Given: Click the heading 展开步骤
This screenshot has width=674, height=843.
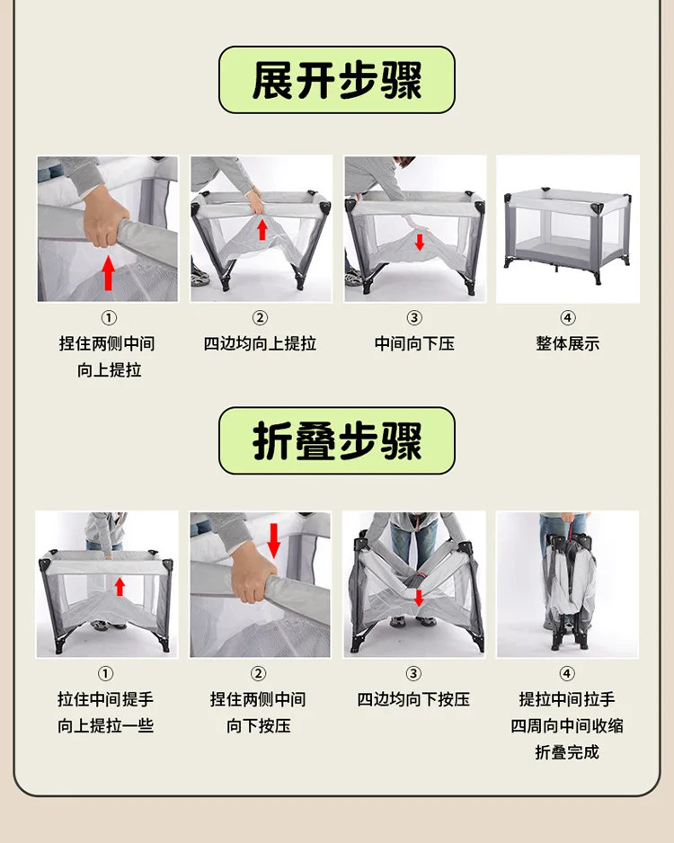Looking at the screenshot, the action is pyautogui.click(x=337, y=80).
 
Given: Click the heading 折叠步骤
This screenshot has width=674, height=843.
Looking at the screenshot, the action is pyautogui.click(x=337, y=441).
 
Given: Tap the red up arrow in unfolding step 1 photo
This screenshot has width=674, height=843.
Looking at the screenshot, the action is pyautogui.click(x=109, y=272).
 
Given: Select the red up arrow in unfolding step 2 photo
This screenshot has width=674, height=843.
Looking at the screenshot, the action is pyautogui.click(x=262, y=229).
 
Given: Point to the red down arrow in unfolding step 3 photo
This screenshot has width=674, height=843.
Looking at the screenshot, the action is pyautogui.click(x=420, y=242).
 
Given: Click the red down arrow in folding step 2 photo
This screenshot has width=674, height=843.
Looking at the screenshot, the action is pyautogui.click(x=273, y=541).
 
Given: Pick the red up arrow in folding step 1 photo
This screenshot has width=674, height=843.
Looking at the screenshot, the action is pyautogui.click(x=120, y=587).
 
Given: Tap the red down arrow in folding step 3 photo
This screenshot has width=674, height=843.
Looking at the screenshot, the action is pyautogui.click(x=419, y=598).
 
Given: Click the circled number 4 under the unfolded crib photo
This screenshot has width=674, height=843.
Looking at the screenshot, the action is pyautogui.click(x=568, y=318).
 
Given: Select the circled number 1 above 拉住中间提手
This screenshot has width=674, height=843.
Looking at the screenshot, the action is pyautogui.click(x=105, y=674).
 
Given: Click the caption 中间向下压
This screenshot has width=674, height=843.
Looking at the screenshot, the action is pyautogui.click(x=414, y=343).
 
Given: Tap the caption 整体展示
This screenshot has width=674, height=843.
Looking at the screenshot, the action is pyautogui.click(x=568, y=343).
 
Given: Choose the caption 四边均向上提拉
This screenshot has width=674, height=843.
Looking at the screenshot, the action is pyautogui.click(x=260, y=343).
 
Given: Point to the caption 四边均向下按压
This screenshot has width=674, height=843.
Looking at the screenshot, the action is pyautogui.click(x=413, y=699).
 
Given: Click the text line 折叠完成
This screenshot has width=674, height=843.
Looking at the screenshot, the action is pyautogui.click(x=567, y=752).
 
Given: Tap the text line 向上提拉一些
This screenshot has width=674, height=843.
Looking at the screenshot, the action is pyautogui.click(x=106, y=726).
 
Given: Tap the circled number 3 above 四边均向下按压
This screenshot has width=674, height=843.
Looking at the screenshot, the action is pyautogui.click(x=413, y=674).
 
